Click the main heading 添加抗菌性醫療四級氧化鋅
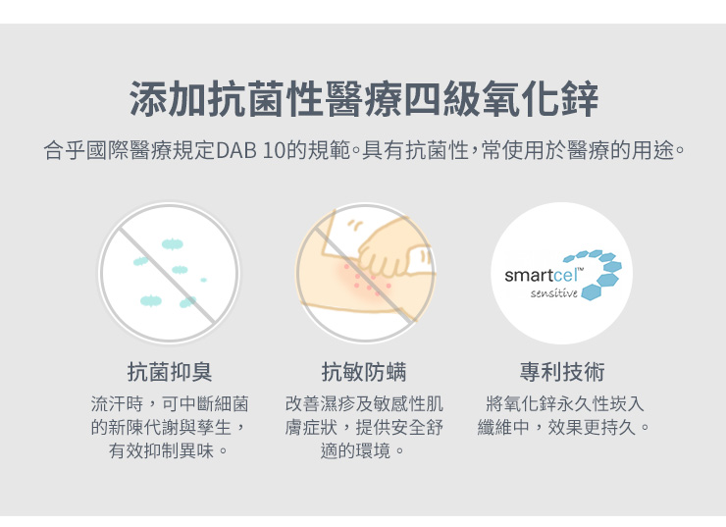pos(363,99)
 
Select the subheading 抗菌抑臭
pos(170,372)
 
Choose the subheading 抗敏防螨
pos(364,372)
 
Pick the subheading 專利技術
pos(562,372)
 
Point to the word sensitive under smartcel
pos(554,293)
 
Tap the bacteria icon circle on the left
pos(169,273)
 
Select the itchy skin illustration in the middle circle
pos(365,273)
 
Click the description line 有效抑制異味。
pos(170,451)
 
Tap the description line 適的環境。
pos(364,451)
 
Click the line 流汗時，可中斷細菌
pos(170,403)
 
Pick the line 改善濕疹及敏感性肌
pos(364,403)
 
